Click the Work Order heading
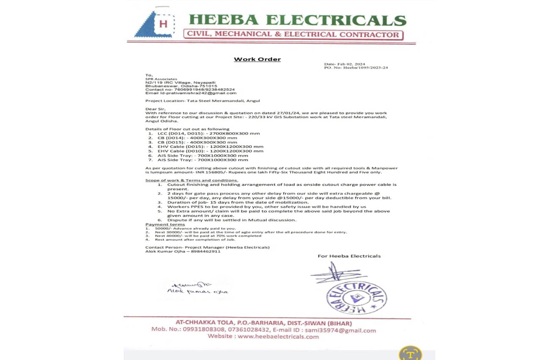(257, 59)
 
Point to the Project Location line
(202, 101)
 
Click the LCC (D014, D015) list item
(208, 133)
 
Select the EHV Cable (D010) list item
(210, 151)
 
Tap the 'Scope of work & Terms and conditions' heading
(191, 180)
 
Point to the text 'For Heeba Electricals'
(349, 256)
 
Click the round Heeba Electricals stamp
(356, 298)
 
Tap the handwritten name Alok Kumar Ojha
(197, 291)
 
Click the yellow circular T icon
(410, 354)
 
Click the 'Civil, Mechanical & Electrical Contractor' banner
(293, 35)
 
